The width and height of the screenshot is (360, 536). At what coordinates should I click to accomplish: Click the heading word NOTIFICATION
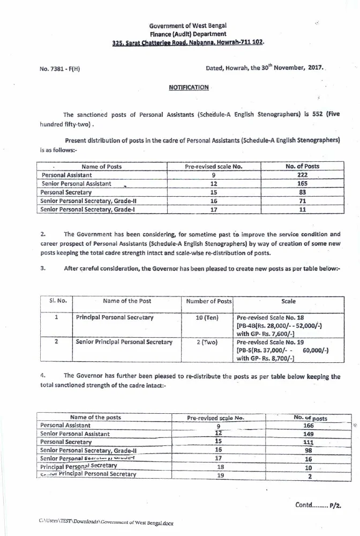[188, 87]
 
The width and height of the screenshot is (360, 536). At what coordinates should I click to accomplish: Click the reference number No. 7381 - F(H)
[59, 69]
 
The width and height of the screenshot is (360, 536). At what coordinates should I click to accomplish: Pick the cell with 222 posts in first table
[302, 175]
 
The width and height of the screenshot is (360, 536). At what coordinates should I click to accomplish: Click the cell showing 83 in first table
[302, 192]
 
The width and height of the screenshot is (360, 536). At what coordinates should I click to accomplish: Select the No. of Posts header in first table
[302, 166]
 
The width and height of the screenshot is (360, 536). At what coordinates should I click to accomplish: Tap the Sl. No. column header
[57, 301]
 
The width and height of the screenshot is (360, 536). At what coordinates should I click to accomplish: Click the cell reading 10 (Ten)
[207, 318]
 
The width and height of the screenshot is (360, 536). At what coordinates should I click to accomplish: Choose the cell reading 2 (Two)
[207, 341]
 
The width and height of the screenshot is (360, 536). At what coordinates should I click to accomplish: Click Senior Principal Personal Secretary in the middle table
[124, 341]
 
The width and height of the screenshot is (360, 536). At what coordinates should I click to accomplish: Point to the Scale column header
[288, 301]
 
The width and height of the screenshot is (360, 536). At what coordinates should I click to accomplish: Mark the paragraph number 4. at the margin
[43, 376]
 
